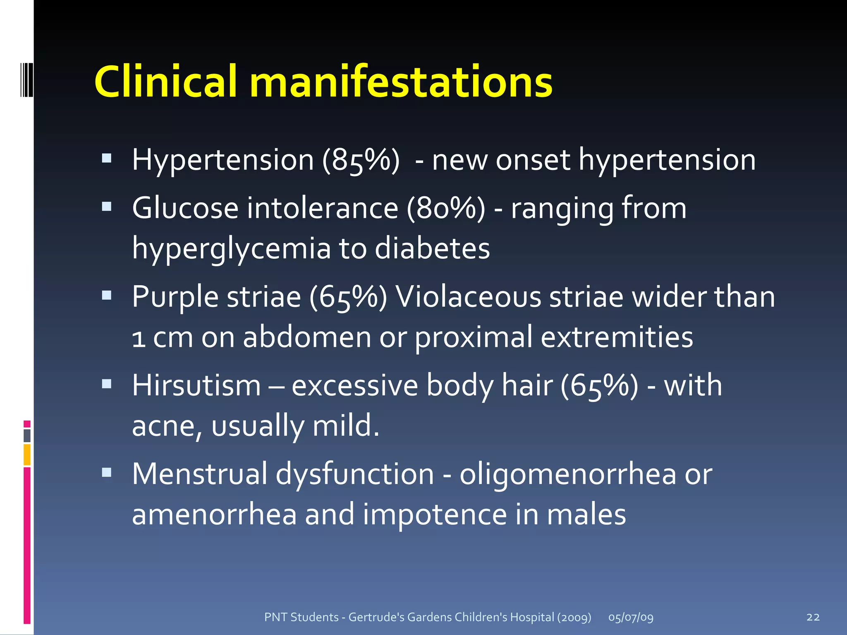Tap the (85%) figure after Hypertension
[x=361, y=160]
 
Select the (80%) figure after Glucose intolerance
[x=446, y=208]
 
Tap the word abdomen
[x=307, y=337]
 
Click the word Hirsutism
[x=196, y=385]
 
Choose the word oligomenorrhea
[x=568, y=474]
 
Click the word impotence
[x=435, y=515]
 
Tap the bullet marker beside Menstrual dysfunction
[x=107, y=472]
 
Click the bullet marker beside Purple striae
[x=107, y=295]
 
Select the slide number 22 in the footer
[x=813, y=617]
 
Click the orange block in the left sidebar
[x=27, y=455]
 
